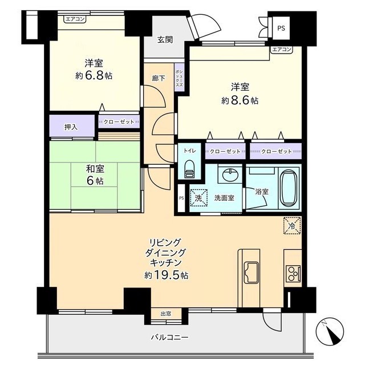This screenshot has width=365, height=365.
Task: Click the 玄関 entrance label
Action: [165, 40]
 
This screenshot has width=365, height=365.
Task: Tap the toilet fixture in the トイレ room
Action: [189, 169]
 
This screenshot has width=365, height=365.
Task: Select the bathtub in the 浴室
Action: [289, 188]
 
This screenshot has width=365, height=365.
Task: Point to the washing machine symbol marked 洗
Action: [198, 198]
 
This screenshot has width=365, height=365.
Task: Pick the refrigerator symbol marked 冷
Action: [292, 225]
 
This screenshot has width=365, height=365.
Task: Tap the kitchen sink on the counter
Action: [252, 273]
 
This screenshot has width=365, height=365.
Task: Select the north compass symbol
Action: [330, 331]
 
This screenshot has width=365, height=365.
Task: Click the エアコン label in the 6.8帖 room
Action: [75, 19]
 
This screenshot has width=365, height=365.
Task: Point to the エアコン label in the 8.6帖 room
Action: [281, 50]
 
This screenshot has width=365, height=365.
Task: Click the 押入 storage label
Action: [71, 127]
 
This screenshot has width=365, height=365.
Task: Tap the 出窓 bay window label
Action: [166, 314]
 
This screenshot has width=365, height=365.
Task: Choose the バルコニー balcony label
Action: [169, 337]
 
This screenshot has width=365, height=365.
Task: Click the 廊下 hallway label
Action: [159, 79]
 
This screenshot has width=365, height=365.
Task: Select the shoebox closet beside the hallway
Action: [180, 78]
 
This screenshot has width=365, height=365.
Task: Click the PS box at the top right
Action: [281, 28]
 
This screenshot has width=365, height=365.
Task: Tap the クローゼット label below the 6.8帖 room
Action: [119, 121]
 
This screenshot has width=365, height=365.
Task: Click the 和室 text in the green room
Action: [95, 169]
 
